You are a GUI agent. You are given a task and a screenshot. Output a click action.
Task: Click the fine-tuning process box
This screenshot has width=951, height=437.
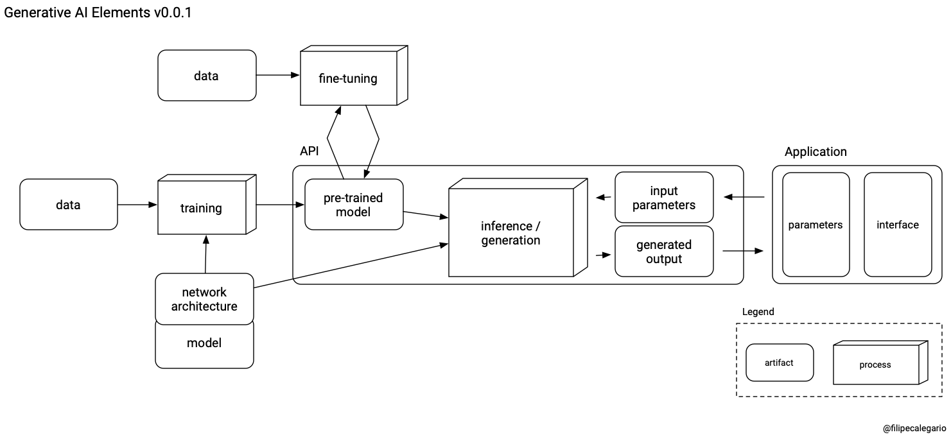(348, 79)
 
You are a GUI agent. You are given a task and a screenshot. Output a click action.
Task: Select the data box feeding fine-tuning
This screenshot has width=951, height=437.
(206, 76)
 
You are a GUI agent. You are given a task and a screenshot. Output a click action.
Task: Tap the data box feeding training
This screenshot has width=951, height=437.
(68, 205)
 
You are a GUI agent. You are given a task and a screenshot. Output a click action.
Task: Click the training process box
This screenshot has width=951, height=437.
(201, 208)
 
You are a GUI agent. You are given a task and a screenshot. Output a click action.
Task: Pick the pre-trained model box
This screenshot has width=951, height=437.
(353, 204)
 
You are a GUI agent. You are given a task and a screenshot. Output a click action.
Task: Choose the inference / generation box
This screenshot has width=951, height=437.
(510, 233)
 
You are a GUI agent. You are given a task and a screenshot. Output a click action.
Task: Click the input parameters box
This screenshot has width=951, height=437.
(664, 198)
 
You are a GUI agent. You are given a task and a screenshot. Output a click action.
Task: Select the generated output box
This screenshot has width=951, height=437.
(664, 252)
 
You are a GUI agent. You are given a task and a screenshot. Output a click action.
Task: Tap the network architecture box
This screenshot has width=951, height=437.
(204, 299)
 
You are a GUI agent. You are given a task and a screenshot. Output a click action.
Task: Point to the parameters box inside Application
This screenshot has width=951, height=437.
(816, 225)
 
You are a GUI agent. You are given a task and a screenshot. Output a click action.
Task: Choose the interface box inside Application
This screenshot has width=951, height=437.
(897, 225)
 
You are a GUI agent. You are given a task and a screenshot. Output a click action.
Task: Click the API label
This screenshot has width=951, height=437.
(309, 151)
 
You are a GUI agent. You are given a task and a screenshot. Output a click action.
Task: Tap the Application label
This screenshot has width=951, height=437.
(816, 152)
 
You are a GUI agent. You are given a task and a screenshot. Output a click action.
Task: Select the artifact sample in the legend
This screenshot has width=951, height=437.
(779, 363)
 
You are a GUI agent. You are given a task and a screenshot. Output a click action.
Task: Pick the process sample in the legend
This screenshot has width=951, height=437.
(875, 364)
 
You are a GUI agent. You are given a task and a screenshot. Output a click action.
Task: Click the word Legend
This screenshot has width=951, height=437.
(758, 312)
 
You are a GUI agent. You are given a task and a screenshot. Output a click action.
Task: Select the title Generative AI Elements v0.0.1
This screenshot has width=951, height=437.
(98, 12)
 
